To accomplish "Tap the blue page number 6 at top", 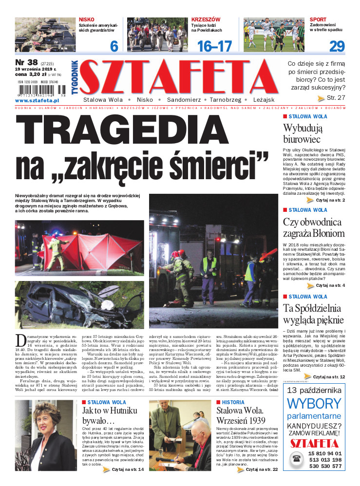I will (114, 46).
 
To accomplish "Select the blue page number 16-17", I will (214, 46).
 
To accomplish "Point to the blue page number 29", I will (337, 46).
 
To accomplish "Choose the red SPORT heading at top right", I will (318, 19).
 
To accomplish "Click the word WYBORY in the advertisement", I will (321, 404).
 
